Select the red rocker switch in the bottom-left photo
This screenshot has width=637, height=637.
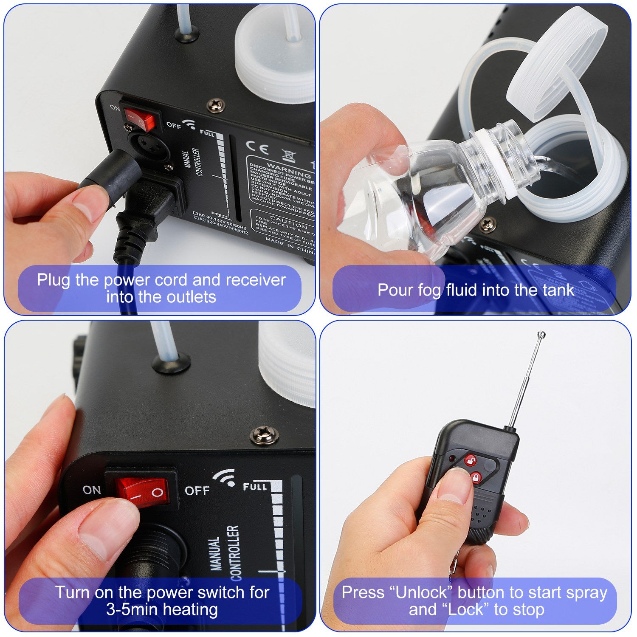[143, 492]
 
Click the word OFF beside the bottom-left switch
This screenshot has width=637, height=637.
[197, 491]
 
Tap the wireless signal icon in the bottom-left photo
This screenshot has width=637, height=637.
[225, 477]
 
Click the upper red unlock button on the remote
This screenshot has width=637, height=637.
[470, 460]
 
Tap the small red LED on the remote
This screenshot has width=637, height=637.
[453, 459]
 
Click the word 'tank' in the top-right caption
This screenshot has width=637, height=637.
[558, 290]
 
